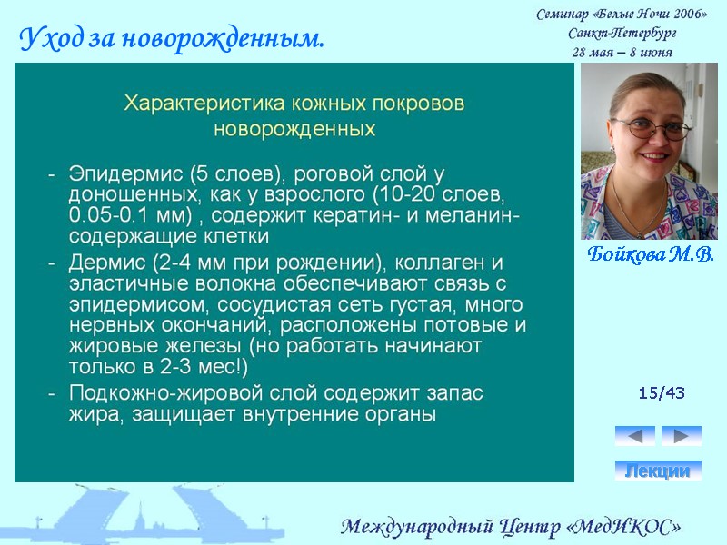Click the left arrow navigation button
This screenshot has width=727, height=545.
(634, 436)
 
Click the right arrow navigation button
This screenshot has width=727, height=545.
(681, 436)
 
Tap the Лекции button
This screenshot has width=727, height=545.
(658, 471)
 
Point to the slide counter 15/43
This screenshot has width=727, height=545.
(662, 393)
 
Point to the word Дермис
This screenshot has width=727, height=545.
(102, 263)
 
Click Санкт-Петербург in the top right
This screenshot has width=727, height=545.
(622, 33)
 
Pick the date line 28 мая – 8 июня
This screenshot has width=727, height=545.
(622, 52)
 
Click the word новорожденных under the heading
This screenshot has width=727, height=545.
(294, 129)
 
